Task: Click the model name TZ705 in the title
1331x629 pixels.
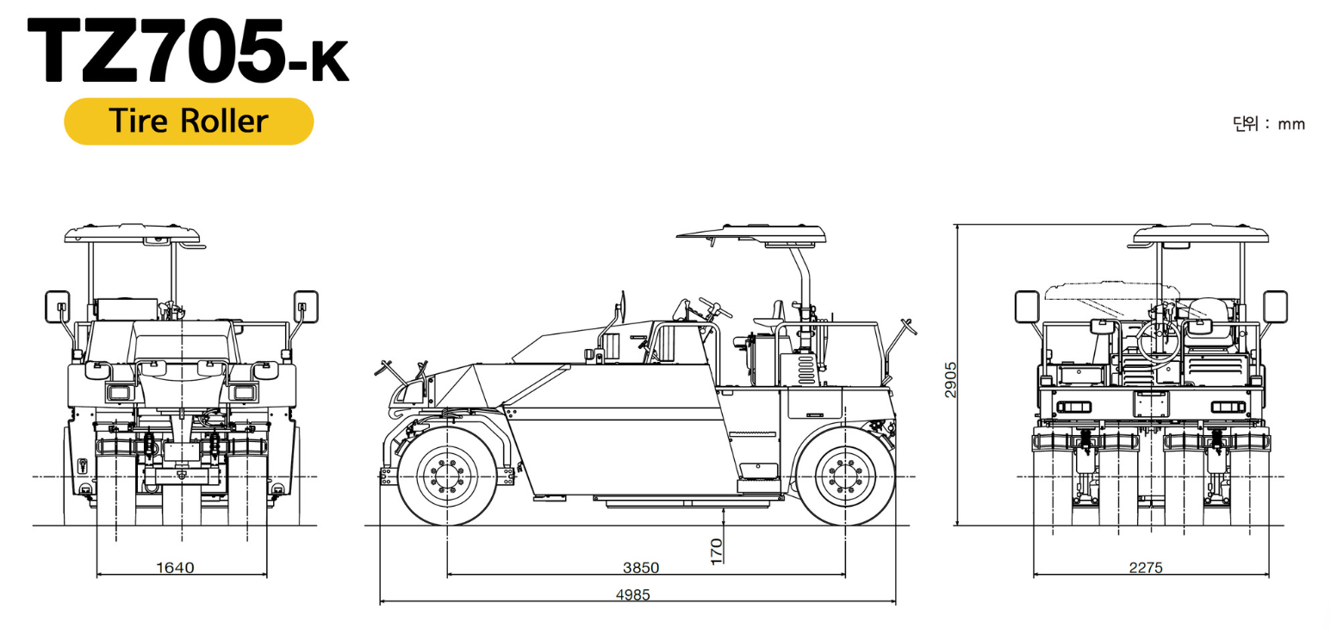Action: pos(155,50)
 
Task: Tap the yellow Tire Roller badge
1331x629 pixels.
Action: pos(189,121)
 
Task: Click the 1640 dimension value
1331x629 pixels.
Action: pos(175,567)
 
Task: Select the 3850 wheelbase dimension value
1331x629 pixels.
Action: pos(640,567)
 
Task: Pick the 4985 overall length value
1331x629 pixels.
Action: pos(633,595)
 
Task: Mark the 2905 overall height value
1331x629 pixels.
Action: pos(950,379)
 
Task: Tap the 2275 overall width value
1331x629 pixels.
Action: pos(1145,567)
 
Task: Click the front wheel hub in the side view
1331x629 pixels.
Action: pos(447,476)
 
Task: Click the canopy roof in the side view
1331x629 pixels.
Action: pos(751,233)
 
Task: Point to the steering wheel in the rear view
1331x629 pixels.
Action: pos(1158,340)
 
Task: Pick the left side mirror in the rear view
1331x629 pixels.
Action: pos(1027,306)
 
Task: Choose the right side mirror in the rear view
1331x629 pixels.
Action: pos(1275,305)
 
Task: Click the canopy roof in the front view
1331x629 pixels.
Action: pos(133,233)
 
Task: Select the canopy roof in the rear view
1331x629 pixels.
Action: pos(1200,234)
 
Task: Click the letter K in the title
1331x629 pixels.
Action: pos(330,65)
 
